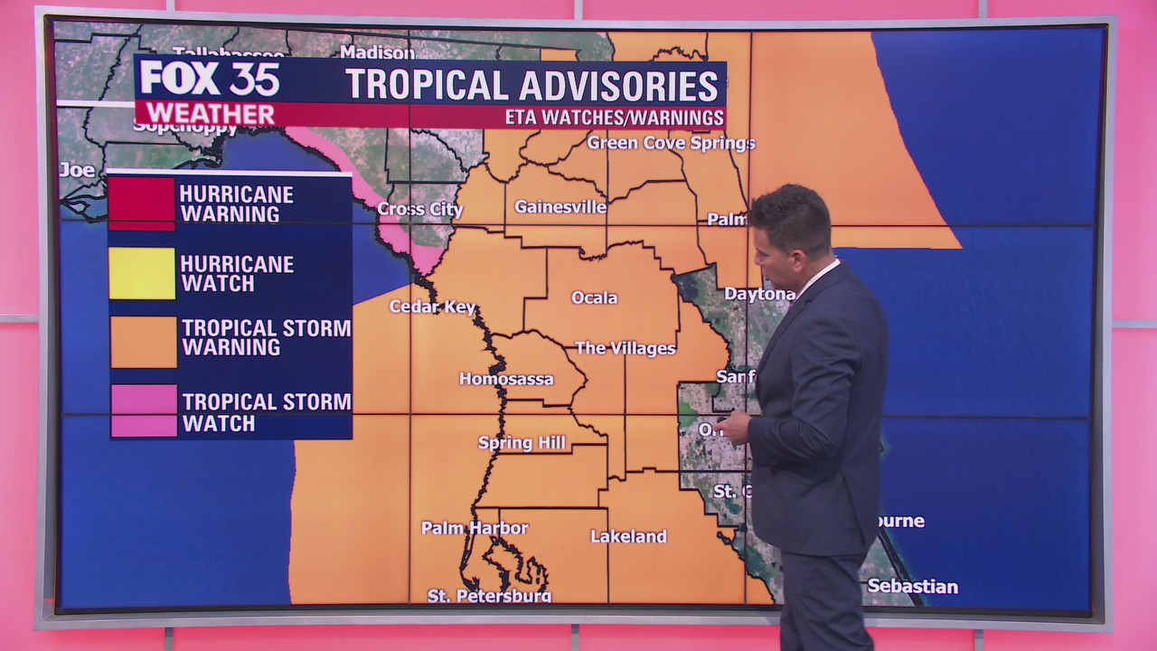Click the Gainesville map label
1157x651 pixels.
pyautogui.click(x=560, y=207)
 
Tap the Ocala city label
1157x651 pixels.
pyautogui.click(x=595, y=297)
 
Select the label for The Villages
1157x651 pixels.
pyautogui.click(x=626, y=348)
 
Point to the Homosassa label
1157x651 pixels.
pyautogui.click(x=506, y=379)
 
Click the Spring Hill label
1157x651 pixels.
pyautogui.click(x=522, y=442)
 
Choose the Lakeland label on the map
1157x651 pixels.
pyautogui.click(x=628, y=536)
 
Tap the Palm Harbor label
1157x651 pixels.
pyautogui.click(x=475, y=528)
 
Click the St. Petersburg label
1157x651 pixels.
pyautogui.click(x=489, y=596)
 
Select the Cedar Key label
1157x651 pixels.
pyautogui.click(x=432, y=307)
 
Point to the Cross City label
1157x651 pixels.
pyautogui.click(x=420, y=210)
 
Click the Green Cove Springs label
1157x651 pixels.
pyautogui.click(x=671, y=143)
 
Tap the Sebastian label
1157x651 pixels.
pyautogui.click(x=912, y=587)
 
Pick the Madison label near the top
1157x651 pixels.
pyautogui.click(x=377, y=52)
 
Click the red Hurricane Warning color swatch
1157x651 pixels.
pyautogui.click(x=142, y=203)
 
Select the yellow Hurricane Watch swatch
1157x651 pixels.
pyautogui.click(x=142, y=273)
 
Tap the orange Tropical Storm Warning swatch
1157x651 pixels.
pyautogui.click(x=143, y=342)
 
